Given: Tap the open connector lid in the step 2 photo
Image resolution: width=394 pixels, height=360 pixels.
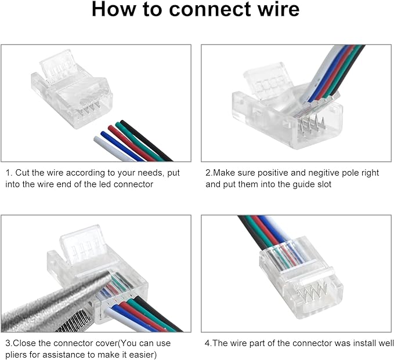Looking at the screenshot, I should [264, 81].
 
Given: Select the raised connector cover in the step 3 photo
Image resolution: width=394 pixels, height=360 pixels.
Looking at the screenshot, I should [81, 243].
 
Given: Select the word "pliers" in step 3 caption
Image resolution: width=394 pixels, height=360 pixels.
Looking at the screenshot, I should [17, 355].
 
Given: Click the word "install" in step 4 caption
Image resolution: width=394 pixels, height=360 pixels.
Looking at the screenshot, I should [353, 343].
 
